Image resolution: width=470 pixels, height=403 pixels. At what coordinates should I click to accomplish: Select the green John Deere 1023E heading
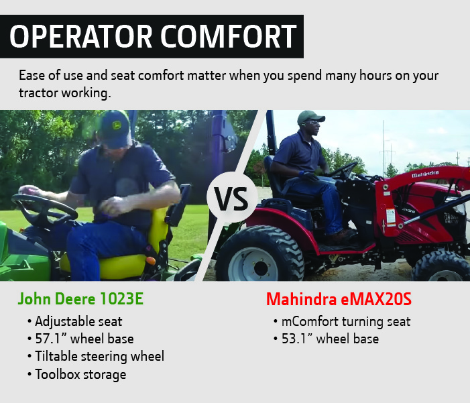[80, 299]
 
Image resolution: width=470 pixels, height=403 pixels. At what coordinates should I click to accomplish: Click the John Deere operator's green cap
[115, 127]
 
